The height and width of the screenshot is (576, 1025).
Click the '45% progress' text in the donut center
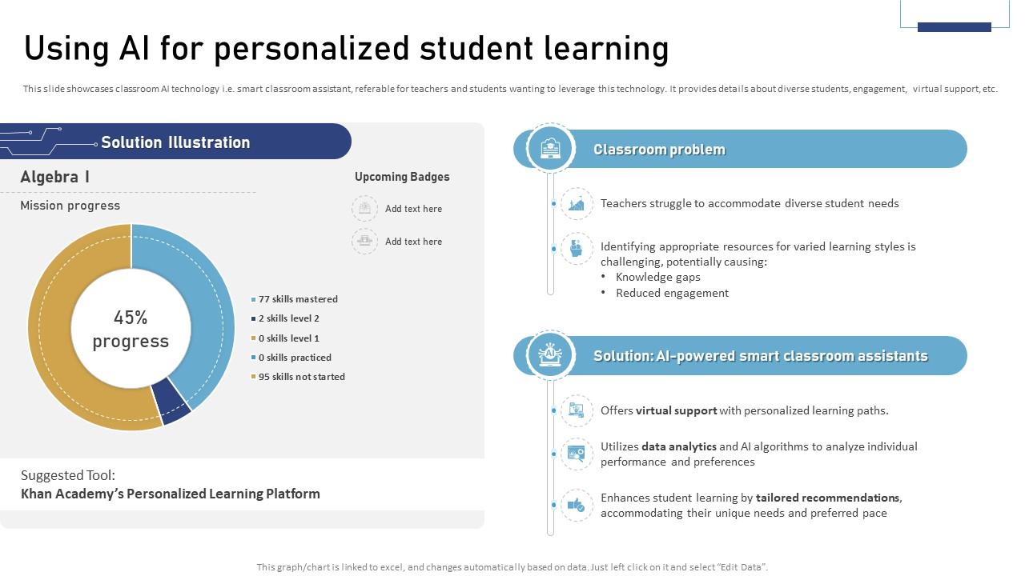pos(131,329)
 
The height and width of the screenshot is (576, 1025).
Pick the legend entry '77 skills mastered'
pos(298,299)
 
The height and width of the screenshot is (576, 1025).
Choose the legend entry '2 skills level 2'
pos(288,318)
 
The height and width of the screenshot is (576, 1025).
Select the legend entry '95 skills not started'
pos(301,377)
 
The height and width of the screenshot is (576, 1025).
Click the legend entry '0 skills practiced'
pos(295,358)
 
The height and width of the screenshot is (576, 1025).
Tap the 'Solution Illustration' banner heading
pos(175,142)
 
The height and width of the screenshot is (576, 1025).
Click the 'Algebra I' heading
pos(54,177)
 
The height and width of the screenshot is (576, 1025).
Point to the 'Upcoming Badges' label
pos(402,177)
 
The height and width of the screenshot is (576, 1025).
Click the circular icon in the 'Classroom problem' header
pos(551,148)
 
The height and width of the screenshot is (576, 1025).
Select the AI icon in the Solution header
pos(551,354)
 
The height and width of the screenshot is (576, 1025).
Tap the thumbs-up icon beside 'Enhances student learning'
pos(577,505)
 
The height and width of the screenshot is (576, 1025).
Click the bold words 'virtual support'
pos(676,410)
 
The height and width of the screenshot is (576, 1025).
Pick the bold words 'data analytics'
pos(679,446)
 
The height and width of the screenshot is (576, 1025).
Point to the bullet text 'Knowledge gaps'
pos(657,277)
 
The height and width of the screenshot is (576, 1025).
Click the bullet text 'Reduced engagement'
pos(672,293)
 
